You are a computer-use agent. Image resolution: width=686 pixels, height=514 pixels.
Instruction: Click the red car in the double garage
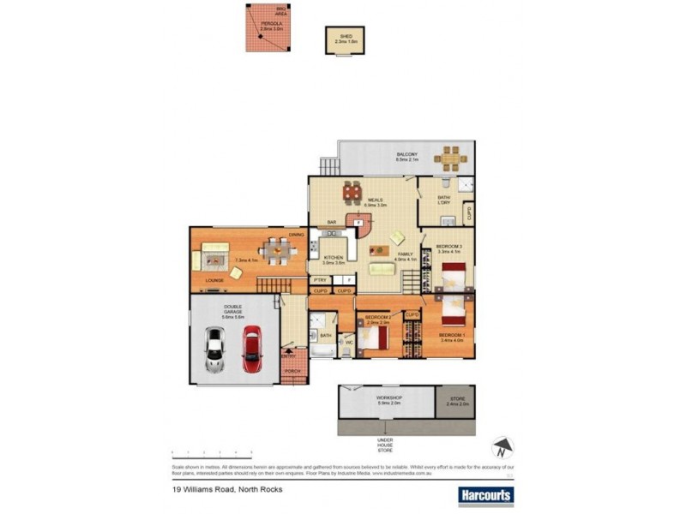(250, 350)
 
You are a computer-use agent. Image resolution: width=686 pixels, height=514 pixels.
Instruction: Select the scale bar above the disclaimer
(211, 451)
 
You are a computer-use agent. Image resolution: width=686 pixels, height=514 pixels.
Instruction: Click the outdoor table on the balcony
(449, 158)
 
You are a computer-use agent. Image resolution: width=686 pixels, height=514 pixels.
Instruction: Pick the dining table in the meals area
(352, 192)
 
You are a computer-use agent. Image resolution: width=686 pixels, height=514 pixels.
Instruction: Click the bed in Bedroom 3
(451, 277)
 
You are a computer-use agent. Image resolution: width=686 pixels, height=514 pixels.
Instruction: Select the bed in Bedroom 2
(374, 338)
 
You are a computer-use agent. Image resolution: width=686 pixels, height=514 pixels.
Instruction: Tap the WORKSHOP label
(389, 398)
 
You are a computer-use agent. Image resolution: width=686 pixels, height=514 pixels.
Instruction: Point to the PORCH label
(293, 371)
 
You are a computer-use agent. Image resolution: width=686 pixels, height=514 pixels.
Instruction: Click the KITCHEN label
(333, 258)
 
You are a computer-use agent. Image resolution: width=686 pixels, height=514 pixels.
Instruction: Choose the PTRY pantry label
(321, 280)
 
